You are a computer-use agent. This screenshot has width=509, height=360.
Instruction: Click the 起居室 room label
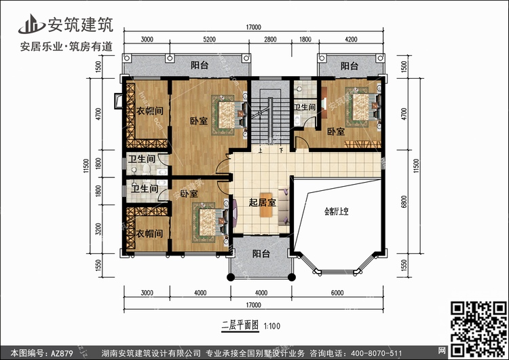pos(261,203)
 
